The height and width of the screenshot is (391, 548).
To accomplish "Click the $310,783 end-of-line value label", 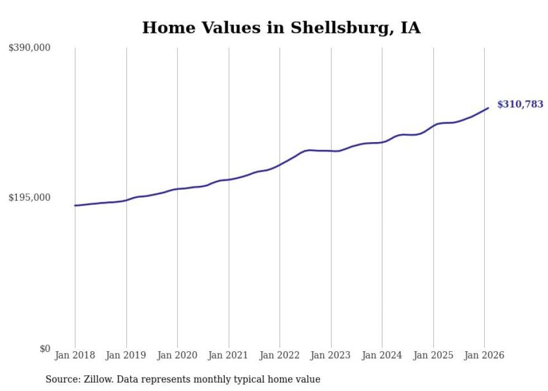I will [x=519, y=104].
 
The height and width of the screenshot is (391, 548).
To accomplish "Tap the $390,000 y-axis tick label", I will [x=30, y=48].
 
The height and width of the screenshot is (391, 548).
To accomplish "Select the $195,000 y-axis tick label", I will [x=30, y=197].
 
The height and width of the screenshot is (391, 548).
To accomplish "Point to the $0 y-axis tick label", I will [x=45, y=348].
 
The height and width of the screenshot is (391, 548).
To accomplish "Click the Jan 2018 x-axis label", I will [x=75, y=355].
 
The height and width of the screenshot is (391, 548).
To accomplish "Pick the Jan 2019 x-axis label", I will [x=126, y=355].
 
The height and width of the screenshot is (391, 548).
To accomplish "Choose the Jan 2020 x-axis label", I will [x=177, y=355].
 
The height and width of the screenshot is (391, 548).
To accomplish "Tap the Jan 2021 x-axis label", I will [x=228, y=355].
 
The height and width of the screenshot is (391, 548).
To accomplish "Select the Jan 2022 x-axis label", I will [x=280, y=355].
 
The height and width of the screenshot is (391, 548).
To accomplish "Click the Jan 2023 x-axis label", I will [x=330, y=355].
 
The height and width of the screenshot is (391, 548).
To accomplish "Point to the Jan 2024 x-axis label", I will [x=382, y=355].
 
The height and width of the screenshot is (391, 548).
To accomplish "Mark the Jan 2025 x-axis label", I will [x=433, y=355].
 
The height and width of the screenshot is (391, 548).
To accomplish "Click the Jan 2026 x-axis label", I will [x=484, y=355].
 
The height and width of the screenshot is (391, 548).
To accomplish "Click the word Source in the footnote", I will [x=60, y=379].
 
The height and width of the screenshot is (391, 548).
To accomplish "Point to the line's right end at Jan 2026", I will [x=488, y=108].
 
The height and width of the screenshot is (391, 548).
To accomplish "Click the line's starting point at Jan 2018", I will [x=75, y=206].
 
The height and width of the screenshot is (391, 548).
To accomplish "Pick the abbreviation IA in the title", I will [x=410, y=27].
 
